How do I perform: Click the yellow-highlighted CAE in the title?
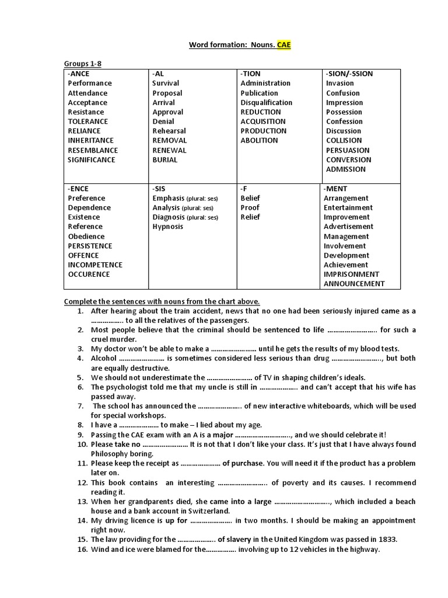tap(283, 44)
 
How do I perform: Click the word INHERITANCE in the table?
tap(92, 140)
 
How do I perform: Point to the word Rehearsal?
tap(169, 131)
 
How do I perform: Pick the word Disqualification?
tap(267, 102)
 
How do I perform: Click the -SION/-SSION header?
tap(349, 74)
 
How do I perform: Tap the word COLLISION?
tap(344, 140)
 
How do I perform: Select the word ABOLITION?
tap(260, 140)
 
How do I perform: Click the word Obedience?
tap(86, 236)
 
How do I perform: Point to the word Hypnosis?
tap(168, 227)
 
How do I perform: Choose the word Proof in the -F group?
tap(250, 207)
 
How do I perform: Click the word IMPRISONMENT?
tap(351, 274)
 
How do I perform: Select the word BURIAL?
tap(165, 159)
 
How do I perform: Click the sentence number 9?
tap(82, 435)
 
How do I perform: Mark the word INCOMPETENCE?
tap(95, 265)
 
